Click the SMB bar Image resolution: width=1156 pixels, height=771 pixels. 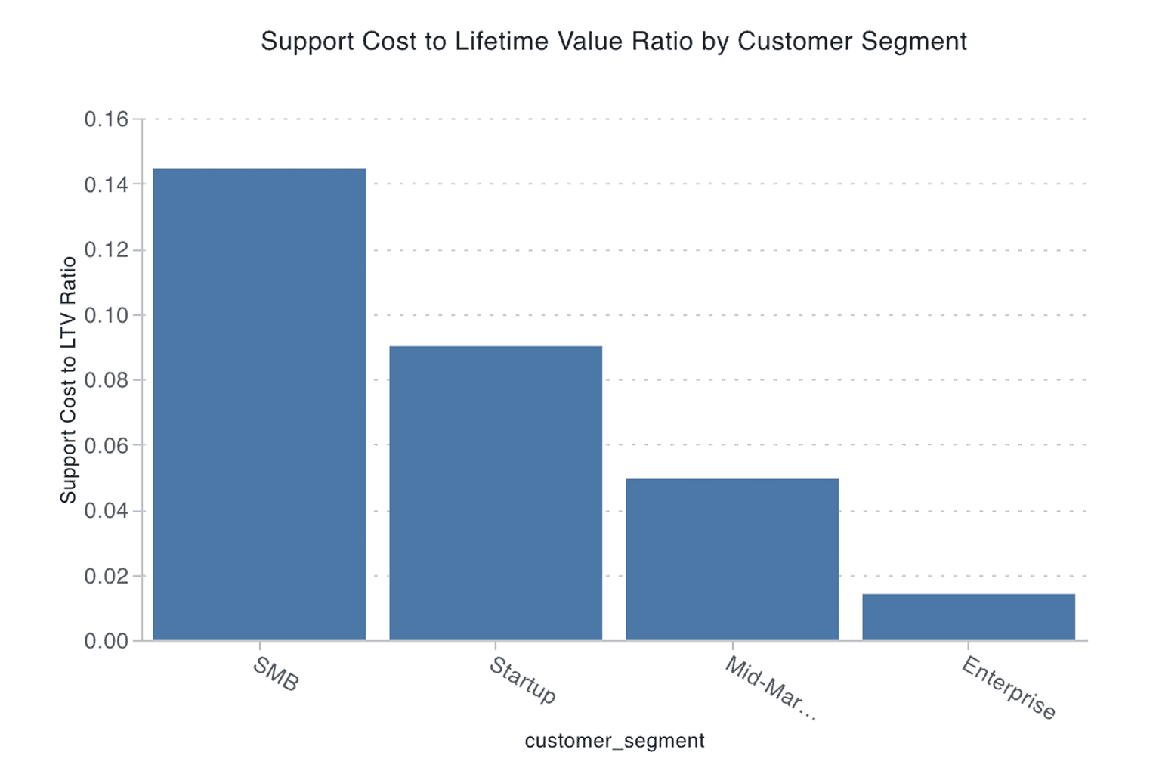pos(259,404)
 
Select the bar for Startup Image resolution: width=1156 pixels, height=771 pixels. pos(496,493)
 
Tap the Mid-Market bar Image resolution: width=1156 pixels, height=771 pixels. pos(732,559)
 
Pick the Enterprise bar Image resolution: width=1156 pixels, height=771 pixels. pos(969,618)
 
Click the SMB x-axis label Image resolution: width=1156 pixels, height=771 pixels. pos(276,674)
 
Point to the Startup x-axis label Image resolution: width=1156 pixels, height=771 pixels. pos(523,680)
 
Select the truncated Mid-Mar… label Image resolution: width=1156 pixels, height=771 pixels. pos(771,689)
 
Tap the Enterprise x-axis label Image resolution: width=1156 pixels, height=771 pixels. pos(1009,688)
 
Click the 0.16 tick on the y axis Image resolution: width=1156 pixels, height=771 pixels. pos(106,119)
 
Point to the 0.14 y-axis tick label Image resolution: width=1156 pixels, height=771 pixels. pos(106,184)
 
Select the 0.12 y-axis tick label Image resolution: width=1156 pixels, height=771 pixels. pos(106,250)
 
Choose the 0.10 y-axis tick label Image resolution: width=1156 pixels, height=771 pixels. pos(106,315)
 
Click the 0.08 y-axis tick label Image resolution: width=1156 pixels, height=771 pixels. pos(106,380)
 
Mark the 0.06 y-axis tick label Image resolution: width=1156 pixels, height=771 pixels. pos(106,446)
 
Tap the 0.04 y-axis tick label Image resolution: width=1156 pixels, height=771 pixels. pos(106,511)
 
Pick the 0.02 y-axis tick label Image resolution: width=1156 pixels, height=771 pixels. pos(106,576)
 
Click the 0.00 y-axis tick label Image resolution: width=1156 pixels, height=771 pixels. pos(106,642)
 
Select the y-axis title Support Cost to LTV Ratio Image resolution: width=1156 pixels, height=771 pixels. pos(69,379)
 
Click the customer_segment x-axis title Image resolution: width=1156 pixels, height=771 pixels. pos(614,741)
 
